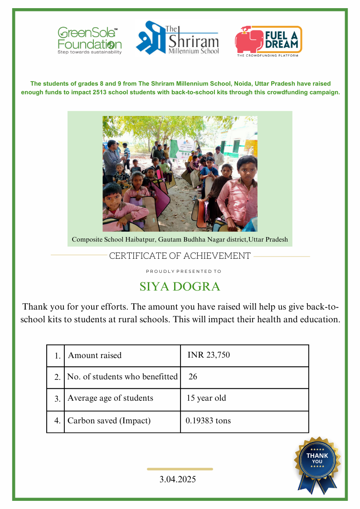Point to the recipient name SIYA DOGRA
pyautogui.click(x=180, y=287)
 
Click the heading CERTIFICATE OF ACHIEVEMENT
pyautogui.click(x=180, y=256)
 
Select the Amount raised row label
pyautogui.click(x=95, y=355)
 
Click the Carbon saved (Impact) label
pyautogui.click(x=109, y=421)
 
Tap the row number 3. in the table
pyautogui.click(x=57, y=399)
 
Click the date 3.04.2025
pyautogui.click(x=178, y=479)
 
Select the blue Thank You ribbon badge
pyautogui.click(x=317, y=462)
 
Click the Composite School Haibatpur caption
pyautogui.click(x=180, y=239)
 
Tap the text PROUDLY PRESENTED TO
pyautogui.click(x=183, y=271)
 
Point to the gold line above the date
pyautogui.click(x=180, y=469)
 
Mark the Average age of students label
pyautogui.click(x=110, y=398)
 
